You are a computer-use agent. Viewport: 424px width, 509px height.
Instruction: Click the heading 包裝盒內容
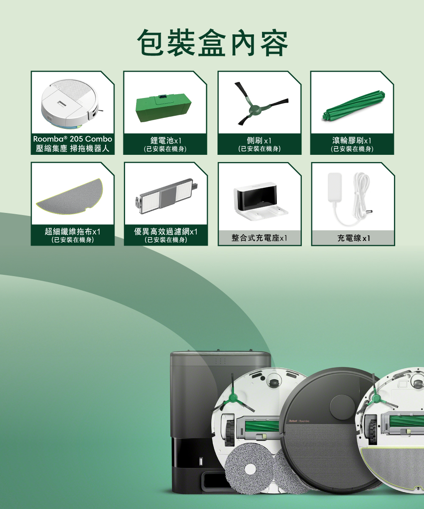pyautogui.click(x=212, y=43)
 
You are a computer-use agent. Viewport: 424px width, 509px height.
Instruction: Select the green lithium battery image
pyautogui.click(x=164, y=108)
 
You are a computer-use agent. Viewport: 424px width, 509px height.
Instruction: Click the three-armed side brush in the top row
pyautogui.click(x=262, y=103)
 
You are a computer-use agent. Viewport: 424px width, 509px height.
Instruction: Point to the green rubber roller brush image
pyautogui.click(x=354, y=106)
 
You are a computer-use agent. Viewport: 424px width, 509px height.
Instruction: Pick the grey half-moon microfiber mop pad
pyautogui.click(x=70, y=196)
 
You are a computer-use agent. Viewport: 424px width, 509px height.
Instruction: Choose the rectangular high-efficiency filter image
pyautogui.click(x=167, y=196)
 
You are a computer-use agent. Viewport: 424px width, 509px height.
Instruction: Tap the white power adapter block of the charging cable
pyautogui.click(x=335, y=187)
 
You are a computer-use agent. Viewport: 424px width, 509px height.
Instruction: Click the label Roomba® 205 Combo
pyautogui.click(x=73, y=139)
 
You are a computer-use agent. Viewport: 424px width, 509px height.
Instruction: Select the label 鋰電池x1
pyautogui.click(x=166, y=140)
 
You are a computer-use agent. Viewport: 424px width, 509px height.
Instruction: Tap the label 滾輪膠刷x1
pyautogui.click(x=351, y=140)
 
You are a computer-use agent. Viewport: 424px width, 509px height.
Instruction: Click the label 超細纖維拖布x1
pyautogui.click(x=73, y=231)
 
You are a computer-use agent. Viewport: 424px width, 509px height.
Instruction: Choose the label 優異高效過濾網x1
pyautogui.click(x=166, y=231)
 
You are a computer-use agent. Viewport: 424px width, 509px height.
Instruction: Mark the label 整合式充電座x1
pyautogui.click(x=259, y=238)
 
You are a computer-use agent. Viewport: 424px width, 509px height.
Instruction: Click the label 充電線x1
pyautogui.click(x=354, y=238)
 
